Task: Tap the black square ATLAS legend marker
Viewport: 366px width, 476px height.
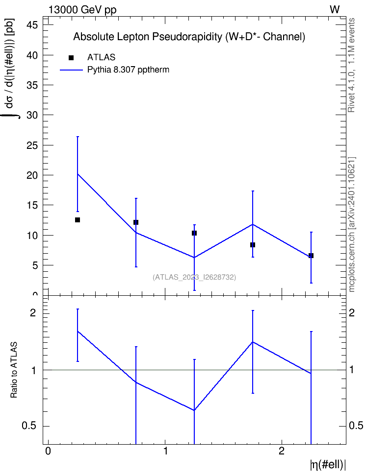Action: (71, 58)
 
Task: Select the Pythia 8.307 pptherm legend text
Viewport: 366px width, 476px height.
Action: (128, 70)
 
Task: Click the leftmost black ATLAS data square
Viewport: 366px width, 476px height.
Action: (78, 220)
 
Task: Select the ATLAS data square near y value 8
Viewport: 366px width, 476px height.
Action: (253, 245)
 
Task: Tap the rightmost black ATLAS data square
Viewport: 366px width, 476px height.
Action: (311, 256)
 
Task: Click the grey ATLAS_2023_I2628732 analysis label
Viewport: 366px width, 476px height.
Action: (194, 277)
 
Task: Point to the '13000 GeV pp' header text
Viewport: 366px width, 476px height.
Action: (82, 10)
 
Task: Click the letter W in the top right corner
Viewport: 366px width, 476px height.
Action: (335, 10)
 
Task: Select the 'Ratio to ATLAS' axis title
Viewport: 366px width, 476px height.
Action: (14, 370)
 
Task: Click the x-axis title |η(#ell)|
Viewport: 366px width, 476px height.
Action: (328, 465)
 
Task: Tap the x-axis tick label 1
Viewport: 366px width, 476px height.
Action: (165, 451)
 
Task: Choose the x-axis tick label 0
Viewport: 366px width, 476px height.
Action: (48, 451)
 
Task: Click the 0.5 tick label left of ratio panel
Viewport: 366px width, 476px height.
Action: (29, 426)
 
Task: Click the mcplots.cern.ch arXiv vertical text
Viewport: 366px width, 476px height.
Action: (352, 225)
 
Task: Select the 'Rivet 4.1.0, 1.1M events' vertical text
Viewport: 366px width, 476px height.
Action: (351, 65)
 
